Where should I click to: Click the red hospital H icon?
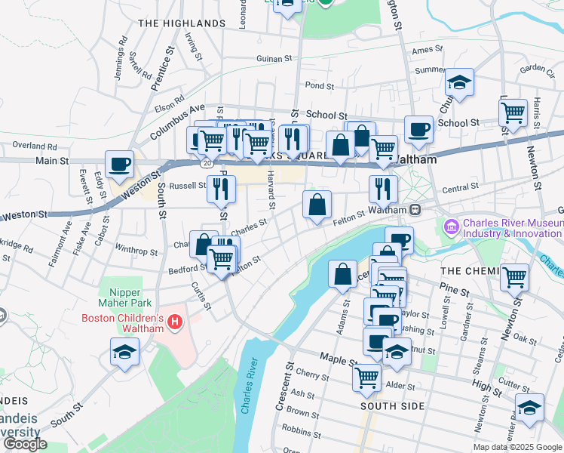[x=176, y=323]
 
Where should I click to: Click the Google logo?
[x=24, y=444]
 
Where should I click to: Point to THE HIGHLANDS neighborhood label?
[x=181, y=24]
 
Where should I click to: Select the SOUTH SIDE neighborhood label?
[x=391, y=406]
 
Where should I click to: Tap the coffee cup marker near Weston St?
[x=120, y=164]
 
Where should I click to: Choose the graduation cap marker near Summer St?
[x=459, y=82]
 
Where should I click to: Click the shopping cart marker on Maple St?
[x=366, y=376]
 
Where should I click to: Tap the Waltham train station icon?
[x=415, y=208]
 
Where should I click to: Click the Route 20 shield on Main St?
[x=206, y=162]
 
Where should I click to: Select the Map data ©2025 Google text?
[x=517, y=447]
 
